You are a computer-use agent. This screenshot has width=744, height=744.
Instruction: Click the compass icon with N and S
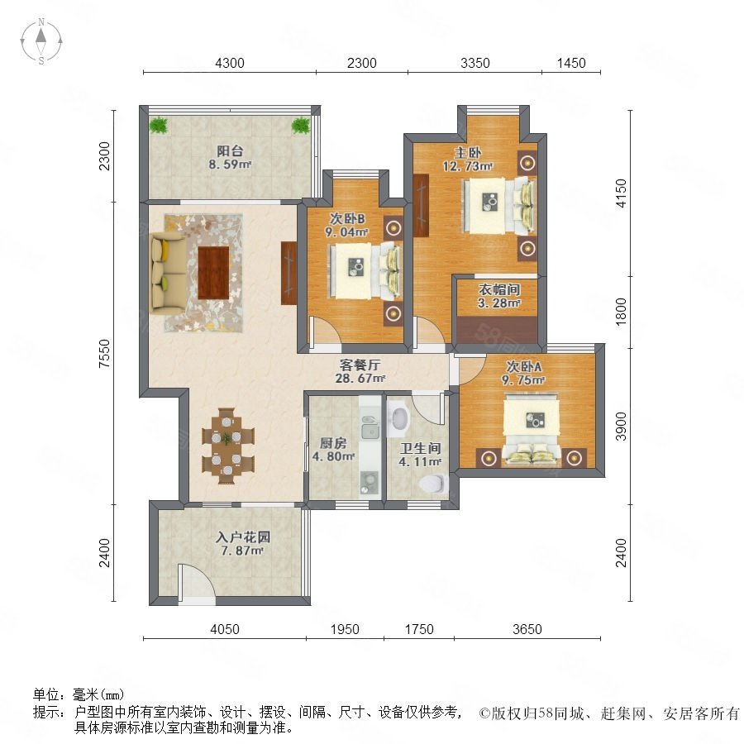tap(41, 41)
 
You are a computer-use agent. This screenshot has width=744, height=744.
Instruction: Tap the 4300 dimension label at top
tap(230, 63)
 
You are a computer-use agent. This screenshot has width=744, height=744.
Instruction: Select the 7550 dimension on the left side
tap(104, 354)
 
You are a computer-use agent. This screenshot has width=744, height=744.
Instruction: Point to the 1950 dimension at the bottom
tap(345, 629)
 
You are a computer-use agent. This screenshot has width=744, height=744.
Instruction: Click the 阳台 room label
tap(230, 151)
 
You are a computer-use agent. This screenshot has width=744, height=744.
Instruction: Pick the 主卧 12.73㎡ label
tap(468, 160)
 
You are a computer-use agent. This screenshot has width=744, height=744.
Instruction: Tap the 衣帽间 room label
tap(499, 289)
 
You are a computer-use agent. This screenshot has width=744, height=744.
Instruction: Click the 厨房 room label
tap(333, 444)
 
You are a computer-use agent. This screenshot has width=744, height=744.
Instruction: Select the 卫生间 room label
tap(421, 448)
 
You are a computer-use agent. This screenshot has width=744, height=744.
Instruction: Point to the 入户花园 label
tap(242, 537)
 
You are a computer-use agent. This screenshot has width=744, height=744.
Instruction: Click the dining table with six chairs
tap(228, 446)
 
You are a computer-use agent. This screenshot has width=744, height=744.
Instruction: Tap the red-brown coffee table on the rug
tap(213, 273)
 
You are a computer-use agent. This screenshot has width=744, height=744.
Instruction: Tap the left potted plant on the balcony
tap(159, 126)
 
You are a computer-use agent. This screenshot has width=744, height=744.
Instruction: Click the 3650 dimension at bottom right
tap(527, 629)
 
